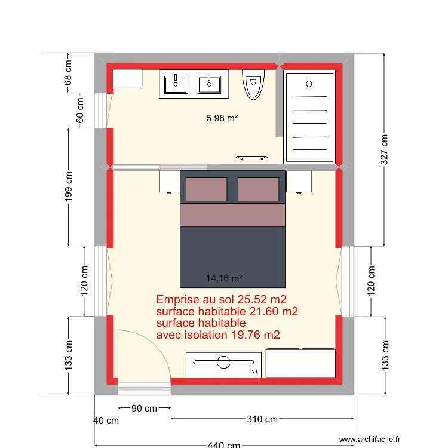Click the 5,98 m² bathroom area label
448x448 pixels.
pyautogui.click(x=222, y=118)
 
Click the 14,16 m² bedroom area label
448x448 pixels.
pyautogui.click(x=224, y=278)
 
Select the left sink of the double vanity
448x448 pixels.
pyautogui.click(x=176, y=84)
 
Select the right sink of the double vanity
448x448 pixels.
pyautogui.click(x=209, y=84)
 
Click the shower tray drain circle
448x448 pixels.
pyautogui.click(x=309, y=84)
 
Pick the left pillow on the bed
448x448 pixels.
pyautogui.click(x=206, y=189)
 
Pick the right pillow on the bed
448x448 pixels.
pyautogui.click(x=258, y=189)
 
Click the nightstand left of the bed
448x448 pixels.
pyautogui.click(x=170, y=182)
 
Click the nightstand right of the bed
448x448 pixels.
pyautogui.click(x=299, y=182)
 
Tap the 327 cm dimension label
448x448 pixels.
pyautogui.click(x=385, y=149)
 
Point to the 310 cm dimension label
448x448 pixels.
pyautogui.click(x=262, y=419)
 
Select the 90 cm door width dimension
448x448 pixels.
pyautogui.click(x=144, y=409)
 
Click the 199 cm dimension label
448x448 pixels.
pyautogui.click(x=69, y=186)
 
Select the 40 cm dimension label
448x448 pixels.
pyautogui.click(x=106, y=421)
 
